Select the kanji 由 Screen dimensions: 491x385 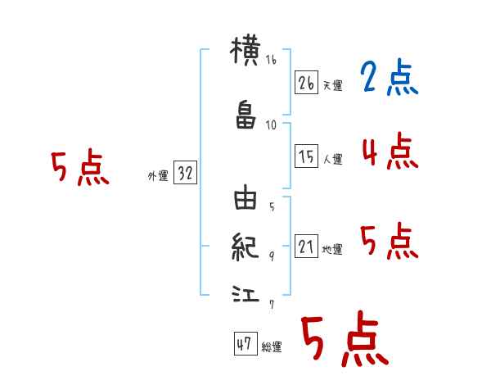245,199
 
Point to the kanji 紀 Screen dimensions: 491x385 245,245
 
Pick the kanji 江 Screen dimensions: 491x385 245,292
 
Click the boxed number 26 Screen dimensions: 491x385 306,82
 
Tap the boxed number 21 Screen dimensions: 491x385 306,247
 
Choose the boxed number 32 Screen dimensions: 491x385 184,174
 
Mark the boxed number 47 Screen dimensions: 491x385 244,344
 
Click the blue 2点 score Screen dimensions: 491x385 388,79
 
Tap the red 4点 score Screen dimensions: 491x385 389,152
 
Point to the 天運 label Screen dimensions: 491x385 332,85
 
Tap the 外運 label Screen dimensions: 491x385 157,176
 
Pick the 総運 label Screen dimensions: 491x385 272,347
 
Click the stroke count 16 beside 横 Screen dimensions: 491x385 271,60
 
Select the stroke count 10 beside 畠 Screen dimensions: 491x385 271,125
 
